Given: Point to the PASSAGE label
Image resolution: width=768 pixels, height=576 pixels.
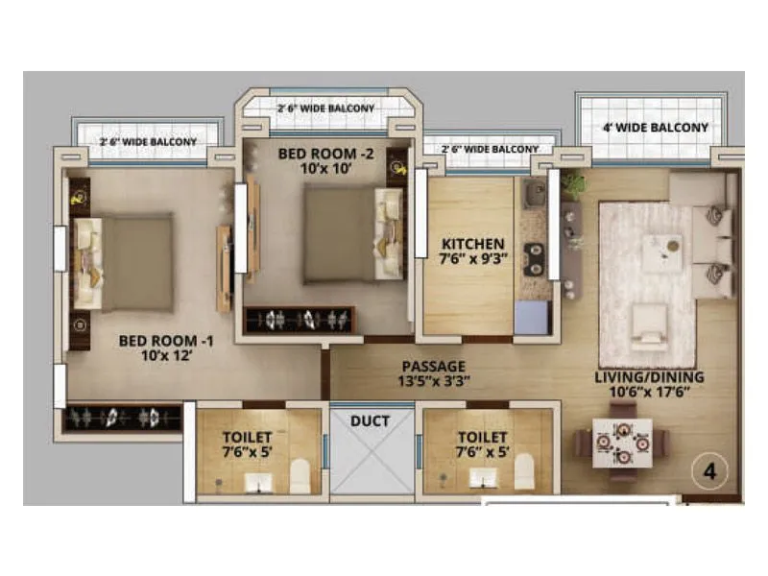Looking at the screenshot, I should pyautogui.click(x=434, y=372).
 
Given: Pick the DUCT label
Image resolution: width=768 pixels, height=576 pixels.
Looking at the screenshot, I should pyautogui.click(x=370, y=420).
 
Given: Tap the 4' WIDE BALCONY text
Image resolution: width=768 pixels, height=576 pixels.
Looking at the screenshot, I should pyautogui.click(x=655, y=127).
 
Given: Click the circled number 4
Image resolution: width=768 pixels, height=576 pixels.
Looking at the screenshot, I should pyautogui.click(x=709, y=471).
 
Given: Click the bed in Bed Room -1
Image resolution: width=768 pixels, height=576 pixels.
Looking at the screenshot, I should pyautogui.click(x=125, y=262).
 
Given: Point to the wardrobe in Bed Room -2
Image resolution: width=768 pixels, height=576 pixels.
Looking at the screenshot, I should pyautogui.click(x=300, y=320).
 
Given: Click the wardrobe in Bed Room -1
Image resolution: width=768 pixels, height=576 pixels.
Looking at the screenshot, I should pyautogui.click(x=122, y=419).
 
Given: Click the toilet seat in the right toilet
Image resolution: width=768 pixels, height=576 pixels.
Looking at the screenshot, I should pyautogui.click(x=524, y=472).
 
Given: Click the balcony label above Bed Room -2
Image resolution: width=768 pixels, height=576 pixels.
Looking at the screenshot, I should pyautogui.click(x=325, y=108).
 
